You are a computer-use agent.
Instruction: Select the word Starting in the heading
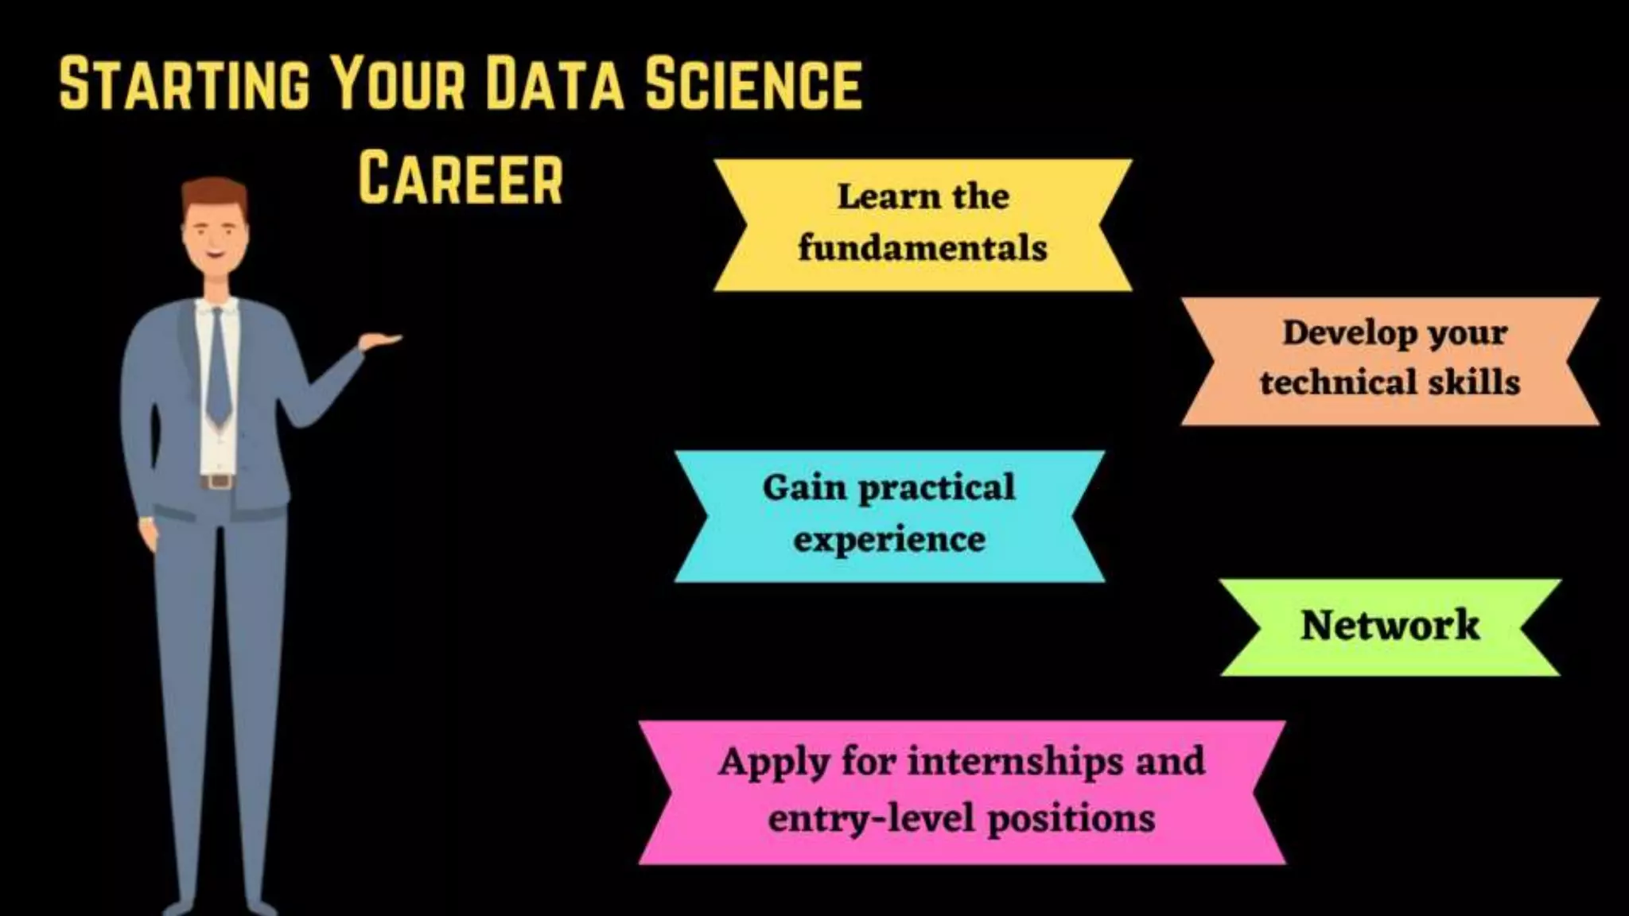tap(184, 83)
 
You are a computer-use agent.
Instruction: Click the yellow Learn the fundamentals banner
tap(923, 224)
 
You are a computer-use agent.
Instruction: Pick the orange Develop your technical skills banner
tap(1390, 360)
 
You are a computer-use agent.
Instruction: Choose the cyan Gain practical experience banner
tap(889, 515)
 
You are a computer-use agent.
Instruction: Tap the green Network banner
tap(1390, 627)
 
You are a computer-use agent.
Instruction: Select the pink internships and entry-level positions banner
tap(962, 791)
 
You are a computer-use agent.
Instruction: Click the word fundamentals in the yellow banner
tap(923, 249)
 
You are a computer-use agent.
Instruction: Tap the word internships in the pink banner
tap(1016, 762)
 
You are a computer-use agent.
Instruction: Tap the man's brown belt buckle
tap(219, 482)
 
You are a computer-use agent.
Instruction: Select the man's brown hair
tap(213, 194)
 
